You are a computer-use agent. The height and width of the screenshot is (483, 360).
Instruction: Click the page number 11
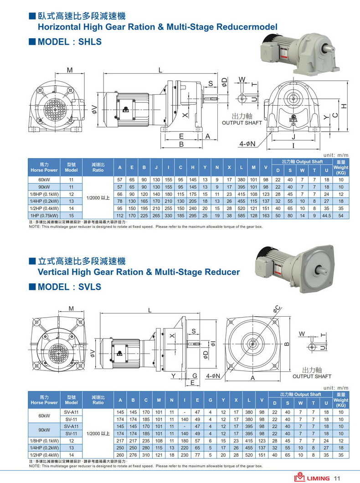click(x=337, y=478)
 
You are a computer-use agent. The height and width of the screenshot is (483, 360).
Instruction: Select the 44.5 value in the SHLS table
click(x=327, y=216)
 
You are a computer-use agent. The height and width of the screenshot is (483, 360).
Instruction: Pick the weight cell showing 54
click(x=340, y=216)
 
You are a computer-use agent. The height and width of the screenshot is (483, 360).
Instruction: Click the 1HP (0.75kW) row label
click(x=44, y=216)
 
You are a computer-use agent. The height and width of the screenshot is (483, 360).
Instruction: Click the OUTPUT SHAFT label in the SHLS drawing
click(x=242, y=123)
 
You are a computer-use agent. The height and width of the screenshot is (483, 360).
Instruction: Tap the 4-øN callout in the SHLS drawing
click(x=247, y=144)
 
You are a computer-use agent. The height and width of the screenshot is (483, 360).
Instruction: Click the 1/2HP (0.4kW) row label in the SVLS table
click(x=44, y=455)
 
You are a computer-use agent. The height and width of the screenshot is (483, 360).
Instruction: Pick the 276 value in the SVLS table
click(x=133, y=455)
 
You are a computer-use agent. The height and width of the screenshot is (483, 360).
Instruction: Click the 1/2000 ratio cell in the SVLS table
click(x=98, y=433)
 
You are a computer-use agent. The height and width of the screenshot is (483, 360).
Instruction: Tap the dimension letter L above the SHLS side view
click(x=160, y=70)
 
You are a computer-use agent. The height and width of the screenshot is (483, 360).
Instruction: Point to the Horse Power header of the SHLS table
click(x=44, y=167)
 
